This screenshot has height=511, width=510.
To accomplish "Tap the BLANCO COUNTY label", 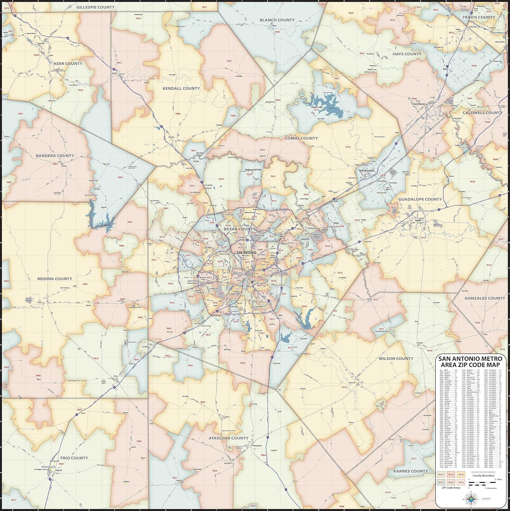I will tap(277, 20).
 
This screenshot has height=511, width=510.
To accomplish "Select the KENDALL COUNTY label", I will tap(181, 88).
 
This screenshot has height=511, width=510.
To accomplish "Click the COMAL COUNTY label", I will tap(301, 138).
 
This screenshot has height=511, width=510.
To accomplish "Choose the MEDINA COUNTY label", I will tap(55, 279).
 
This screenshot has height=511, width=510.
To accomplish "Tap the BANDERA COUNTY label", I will tap(55, 156).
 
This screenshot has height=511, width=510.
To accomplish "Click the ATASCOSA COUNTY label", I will tap(229, 438).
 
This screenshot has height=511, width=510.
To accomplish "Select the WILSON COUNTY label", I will tap(396, 358).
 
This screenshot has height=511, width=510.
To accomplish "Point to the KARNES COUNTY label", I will tap(410, 471).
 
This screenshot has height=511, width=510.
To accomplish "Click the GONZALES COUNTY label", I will tap(484, 298).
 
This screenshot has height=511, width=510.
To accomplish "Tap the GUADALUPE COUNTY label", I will tap(420, 199).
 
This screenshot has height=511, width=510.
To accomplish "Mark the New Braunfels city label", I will tap(366, 170).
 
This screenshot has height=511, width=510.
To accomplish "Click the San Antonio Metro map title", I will tap(470, 362).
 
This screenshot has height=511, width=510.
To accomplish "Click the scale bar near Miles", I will tap(482, 482).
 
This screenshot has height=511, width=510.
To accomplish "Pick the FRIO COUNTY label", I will tap(74, 458).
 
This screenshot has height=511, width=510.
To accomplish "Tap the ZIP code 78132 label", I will tap(348, 147).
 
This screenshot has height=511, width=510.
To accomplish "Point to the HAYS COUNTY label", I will tap(407, 54).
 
